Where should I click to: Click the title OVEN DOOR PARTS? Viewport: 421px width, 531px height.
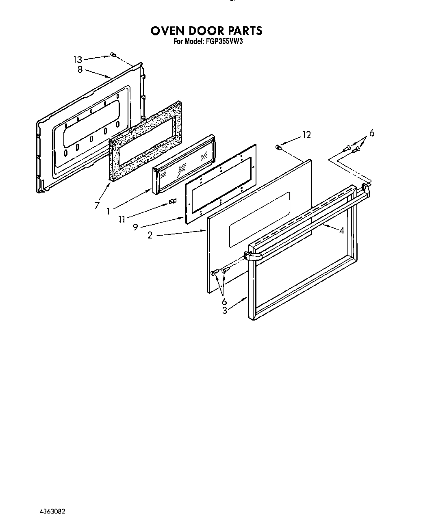pos(206,30)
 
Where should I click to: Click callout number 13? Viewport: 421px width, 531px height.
pos(77,60)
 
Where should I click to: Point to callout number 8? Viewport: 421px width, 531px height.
pos(80,69)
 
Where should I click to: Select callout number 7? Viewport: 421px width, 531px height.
pos(96,206)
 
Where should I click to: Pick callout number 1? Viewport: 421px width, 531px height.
pos(108,211)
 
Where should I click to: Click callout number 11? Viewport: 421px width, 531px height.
pos(122,219)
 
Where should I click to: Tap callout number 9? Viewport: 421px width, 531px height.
pos(135,228)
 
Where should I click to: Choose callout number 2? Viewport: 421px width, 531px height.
pos(150,235)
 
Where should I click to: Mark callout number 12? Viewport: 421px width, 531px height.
pos(306,135)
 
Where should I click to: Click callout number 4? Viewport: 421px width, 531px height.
pos(342,230)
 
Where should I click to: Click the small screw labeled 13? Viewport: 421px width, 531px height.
pos(113,55)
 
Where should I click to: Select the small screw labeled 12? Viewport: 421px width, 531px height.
pos(278,147)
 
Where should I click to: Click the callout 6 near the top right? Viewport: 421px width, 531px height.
pos(371,133)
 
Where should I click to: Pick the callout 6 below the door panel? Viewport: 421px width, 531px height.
pos(224,301)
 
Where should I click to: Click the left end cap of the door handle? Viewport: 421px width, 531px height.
pos(252,256)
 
